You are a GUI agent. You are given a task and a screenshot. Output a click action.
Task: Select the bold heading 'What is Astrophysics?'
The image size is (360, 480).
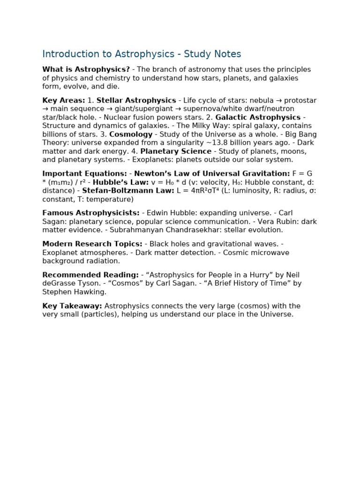click(x=86, y=69)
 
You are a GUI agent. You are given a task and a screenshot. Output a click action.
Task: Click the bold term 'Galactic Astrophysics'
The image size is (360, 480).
click(x=258, y=117)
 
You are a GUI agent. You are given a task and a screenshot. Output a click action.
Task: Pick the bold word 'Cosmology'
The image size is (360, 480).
click(x=131, y=134)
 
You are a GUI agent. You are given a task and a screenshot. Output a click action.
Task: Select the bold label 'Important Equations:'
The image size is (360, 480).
click(x=84, y=173)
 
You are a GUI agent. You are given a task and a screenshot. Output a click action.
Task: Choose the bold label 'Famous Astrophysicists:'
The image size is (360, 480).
click(x=90, y=213)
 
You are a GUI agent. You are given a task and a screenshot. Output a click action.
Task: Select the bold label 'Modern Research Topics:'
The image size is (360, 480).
click(x=92, y=244)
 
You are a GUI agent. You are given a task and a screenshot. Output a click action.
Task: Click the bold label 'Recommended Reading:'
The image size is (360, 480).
click(x=90, y=275)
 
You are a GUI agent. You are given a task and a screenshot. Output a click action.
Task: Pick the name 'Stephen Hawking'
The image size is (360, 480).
click(x=74, y=292)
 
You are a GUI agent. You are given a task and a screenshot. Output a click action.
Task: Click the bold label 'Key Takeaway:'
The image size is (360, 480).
click(x=72, y=306)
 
